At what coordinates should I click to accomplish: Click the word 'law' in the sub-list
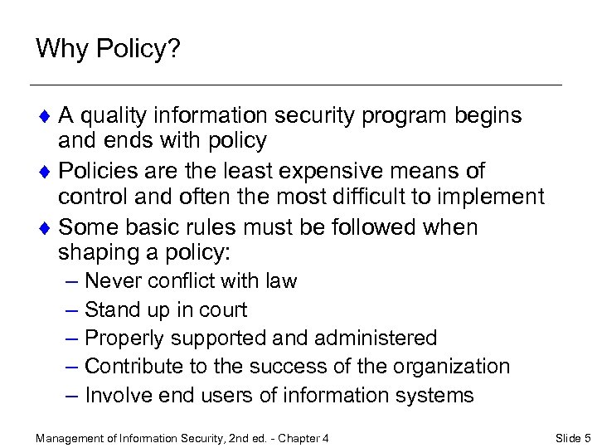[281, 281]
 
